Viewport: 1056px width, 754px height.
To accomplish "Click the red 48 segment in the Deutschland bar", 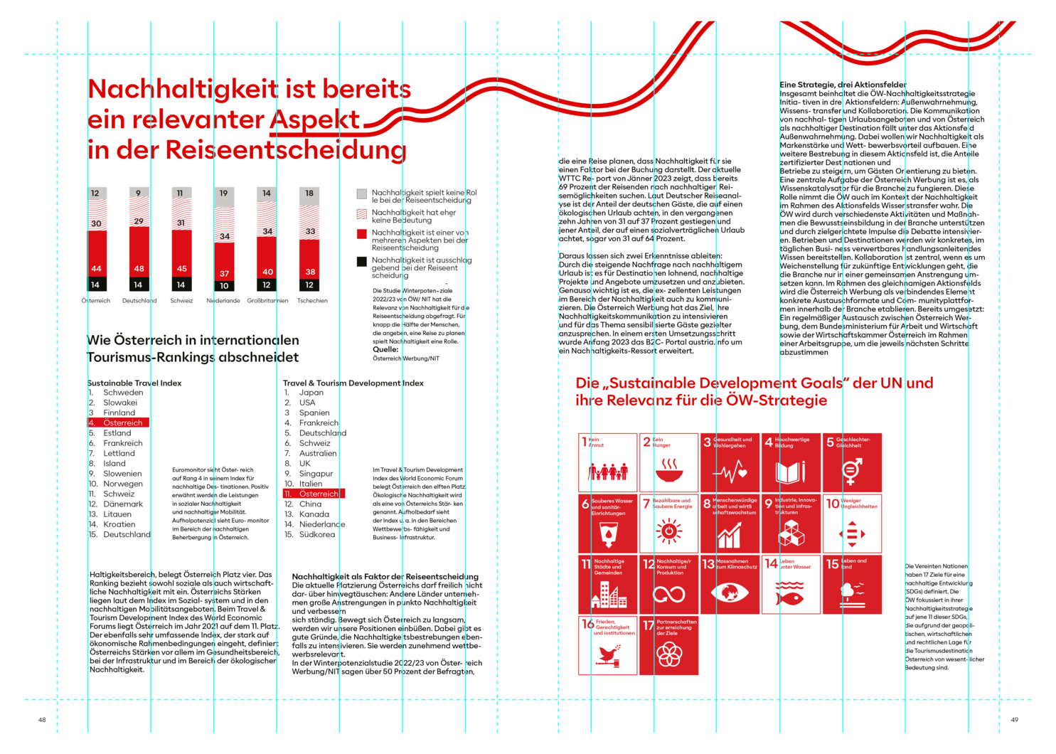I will click(x=139, y=253).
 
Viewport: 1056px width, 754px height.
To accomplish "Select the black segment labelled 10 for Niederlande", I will click(x=224, y=286).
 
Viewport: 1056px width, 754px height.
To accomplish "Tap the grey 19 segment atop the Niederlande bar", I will click(x=224, y=197).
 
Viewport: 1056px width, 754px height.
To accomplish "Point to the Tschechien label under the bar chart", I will click(x=312, y=301).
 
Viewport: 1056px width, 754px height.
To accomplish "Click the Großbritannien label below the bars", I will click(x=267, y=301).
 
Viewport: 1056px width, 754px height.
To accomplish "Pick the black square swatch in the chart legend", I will click(x=362, y=262).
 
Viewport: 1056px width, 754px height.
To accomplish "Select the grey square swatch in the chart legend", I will click(x=362, y=193).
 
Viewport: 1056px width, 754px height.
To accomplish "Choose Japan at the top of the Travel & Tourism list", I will click(x=311, y=393).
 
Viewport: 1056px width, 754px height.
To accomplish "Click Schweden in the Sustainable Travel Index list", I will click(x=123, y=393).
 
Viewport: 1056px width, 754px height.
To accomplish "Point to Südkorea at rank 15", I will click(x=316, y=534).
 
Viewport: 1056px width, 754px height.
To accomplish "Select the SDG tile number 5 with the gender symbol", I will click(x=852, y=462).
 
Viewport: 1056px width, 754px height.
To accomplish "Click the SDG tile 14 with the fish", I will click(x=791, y=583).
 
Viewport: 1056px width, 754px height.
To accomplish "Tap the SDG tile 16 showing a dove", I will click(x=608, y=644).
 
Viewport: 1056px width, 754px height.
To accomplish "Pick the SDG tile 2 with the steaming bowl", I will click(x=668, y=462).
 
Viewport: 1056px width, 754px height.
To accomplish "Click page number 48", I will click(x=42, y=720).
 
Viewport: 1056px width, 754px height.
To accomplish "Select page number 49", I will click(x=1014, y=720).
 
